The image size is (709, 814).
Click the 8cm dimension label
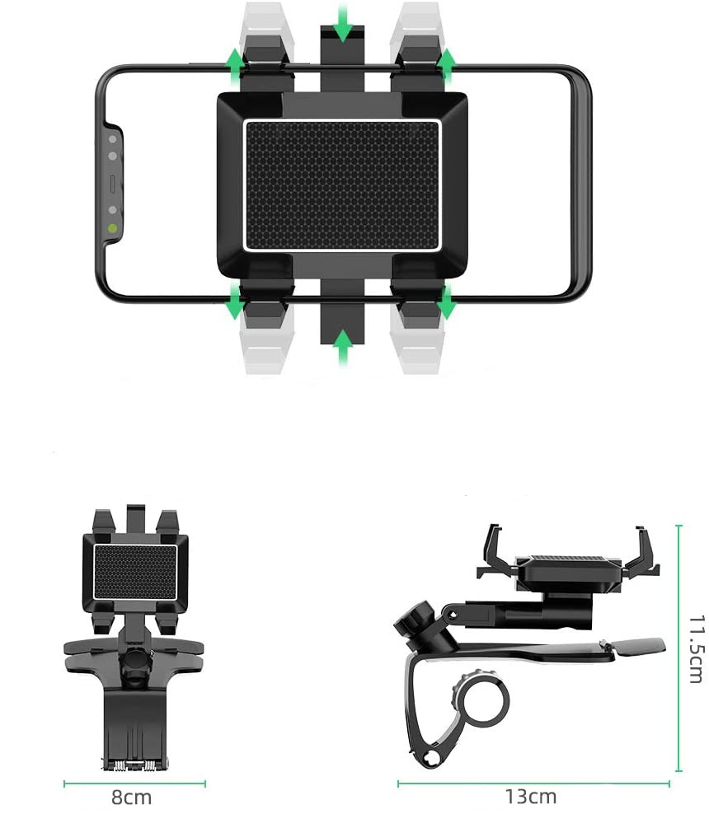[x=133, y=798]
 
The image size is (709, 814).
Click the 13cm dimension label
[x=531, y=797]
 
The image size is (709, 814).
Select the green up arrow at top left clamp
[x=236, y=63]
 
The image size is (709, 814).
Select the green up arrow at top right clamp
[x=447, y=63]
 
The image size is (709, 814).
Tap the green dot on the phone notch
[x=110, y=228]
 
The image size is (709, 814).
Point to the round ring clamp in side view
[x=478, y=699]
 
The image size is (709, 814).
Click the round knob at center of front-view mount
[x=134, y=665]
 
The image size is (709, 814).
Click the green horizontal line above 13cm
[x=533, y=784]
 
